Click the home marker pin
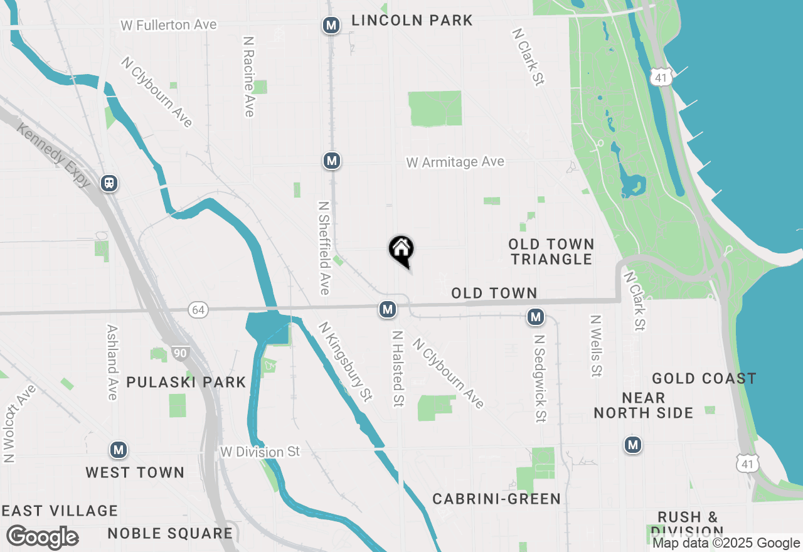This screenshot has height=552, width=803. pyautogui.click(x=401, y=250)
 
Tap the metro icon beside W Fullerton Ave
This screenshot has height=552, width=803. pyautogui.click(x=331, y=26)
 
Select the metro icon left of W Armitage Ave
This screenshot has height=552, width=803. pyautogui.click(x=332, y=161)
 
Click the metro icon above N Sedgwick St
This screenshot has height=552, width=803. pyautogui.click(x=535, y=317)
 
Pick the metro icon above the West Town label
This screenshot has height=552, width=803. pyautogui.click(x=119, y=450)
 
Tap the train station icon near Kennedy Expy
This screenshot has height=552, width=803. pyautogui.click(x=109, y=183)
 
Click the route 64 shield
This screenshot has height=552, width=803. pyautogui.click(x=198, y=309)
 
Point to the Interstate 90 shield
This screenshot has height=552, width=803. pyautogui.click(x=180, y=353)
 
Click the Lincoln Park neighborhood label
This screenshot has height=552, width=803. pyautogui.click(x=412, y=20)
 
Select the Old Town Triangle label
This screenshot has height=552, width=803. pyautogui.click(x=551, y=252)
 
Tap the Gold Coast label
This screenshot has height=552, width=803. pyautogui.click(x=704, y=378)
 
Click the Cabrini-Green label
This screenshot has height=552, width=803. pyautogui.click(x=496, y=499)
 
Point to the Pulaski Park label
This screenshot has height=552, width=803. pyautogui.click(x=186, y=382)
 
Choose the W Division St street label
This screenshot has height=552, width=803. pyautogui.click(x=260, y=452)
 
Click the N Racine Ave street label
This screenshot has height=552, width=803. pyautogui.click(x=249, y=76)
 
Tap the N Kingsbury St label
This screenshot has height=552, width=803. pyautogui.click(x=345, y=362)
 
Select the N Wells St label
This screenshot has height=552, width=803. pyautogui.click(x=596, y=346)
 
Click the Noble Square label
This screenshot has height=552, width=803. pyautogui.click(x=170, y=534)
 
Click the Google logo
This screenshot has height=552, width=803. pyautogui.click(x=42, y=538)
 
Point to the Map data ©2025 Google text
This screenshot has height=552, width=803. pyautogui.click(x=726, y=543)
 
